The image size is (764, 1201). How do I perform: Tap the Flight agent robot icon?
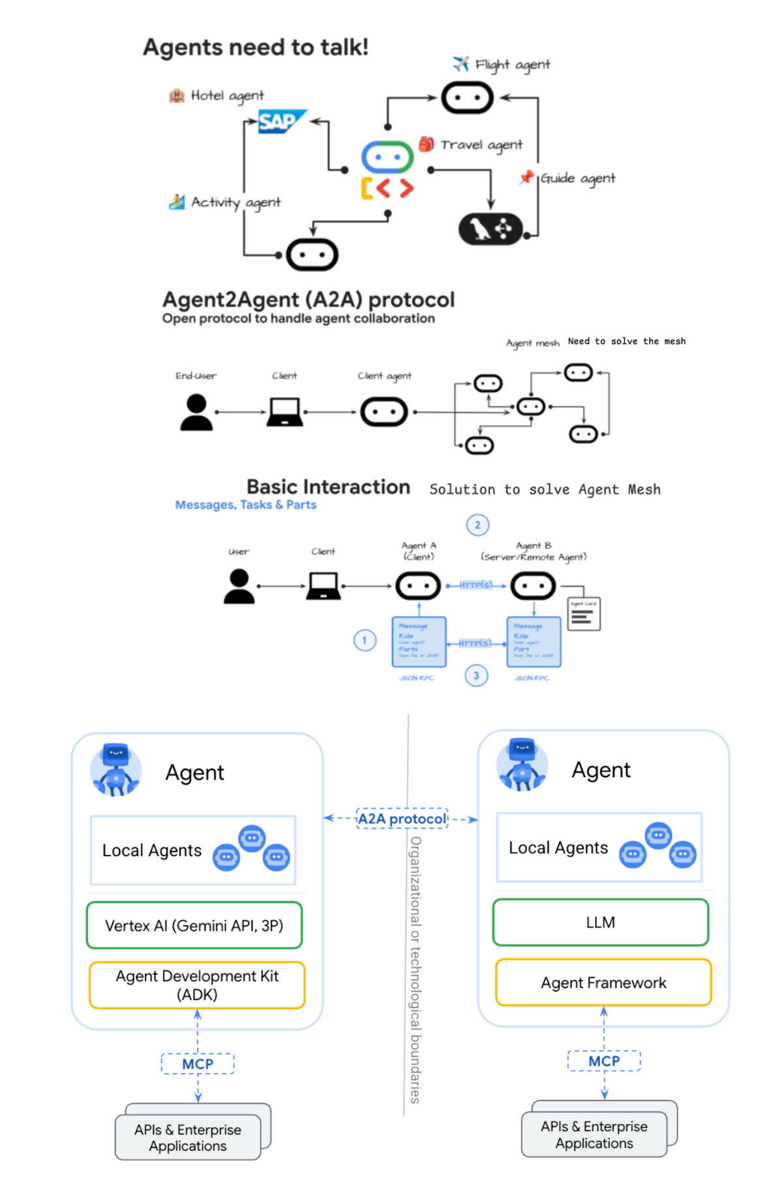point(466,98)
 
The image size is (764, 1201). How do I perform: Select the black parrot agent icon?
point(490,229)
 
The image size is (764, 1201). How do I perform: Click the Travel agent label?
point(481,145)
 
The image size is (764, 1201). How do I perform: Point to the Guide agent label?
point(577,178)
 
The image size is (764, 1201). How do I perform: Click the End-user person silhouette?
point(196,412)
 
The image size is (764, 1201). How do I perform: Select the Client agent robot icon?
point(384,412)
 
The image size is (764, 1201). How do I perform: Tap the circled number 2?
point(477,525)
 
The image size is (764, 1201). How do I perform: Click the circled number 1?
point(364,640)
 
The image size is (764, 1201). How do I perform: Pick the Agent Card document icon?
point(583,614)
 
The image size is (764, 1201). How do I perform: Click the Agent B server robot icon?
point(533,586)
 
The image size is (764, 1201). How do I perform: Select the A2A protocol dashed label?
point(402,818)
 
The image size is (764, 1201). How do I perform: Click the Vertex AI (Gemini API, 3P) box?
point(194,925)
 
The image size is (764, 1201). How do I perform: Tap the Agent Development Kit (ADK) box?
point(197,985)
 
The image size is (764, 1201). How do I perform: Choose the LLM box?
point(600,922)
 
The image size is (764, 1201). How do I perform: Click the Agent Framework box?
point(603,982)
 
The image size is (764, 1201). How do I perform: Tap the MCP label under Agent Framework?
point(603,1061)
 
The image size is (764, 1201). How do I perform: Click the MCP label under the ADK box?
point(197,1064)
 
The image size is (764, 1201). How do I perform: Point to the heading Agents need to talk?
point(255,48)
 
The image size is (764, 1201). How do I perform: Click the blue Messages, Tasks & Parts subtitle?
point(246,505)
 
